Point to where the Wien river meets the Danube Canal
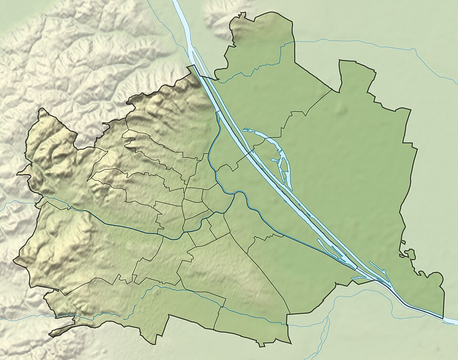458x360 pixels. [x=233, y=195]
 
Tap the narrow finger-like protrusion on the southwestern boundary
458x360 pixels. [x=62, y=329]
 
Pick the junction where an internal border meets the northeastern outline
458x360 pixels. [x=331, y=89]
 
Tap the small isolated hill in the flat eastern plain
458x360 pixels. [x=341, y=108]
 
